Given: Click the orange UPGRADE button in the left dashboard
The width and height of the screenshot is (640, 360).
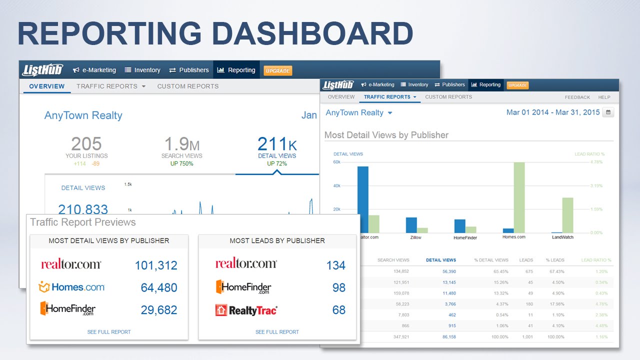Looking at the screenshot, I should point(277,70).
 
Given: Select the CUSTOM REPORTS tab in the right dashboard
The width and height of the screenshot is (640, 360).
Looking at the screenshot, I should point(448,97).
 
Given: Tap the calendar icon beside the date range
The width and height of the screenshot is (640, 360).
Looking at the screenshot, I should point(608,112).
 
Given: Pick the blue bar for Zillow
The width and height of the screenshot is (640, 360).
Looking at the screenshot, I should point(411,225).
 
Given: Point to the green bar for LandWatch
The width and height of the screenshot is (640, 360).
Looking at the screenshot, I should point(567,215).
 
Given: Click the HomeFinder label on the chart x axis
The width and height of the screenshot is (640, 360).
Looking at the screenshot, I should point(465,237).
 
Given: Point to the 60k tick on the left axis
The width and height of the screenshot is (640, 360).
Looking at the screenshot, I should point(336,162).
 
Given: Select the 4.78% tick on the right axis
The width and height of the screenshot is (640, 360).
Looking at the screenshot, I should point(597,162).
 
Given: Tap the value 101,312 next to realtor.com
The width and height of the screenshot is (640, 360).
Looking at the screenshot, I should point(156,265).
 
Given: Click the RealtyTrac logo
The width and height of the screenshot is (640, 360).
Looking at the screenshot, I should point(246,310).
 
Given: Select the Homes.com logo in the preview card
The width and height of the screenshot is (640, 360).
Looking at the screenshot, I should point(71,287).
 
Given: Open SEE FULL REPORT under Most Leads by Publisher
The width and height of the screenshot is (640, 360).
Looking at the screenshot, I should point(277,332).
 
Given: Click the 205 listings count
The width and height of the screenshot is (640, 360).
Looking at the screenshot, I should point(86,144).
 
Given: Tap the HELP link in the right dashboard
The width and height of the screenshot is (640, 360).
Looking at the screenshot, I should point(604,97).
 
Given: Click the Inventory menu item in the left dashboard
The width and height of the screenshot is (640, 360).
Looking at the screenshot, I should point(142,70).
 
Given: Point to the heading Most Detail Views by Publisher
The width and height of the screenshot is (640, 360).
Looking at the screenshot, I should point(386,135).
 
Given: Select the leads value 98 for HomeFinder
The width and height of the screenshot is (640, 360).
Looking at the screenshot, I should point(338,287).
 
